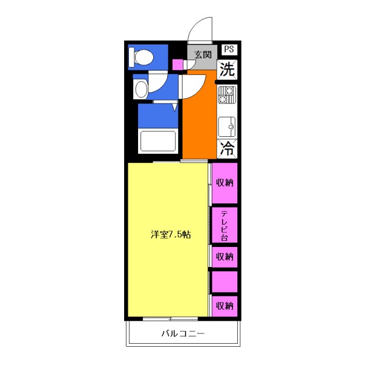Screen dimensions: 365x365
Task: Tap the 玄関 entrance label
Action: (202, 54)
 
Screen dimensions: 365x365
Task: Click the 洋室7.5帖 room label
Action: (171, 235)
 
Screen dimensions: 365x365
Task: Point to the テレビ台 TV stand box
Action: (224, 225)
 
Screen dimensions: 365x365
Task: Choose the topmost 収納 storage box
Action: (224, 182)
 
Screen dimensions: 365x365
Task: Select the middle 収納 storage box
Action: (224, 256)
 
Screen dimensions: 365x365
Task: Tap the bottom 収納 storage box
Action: (224, 305)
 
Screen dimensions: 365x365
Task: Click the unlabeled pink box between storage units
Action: (224, 281)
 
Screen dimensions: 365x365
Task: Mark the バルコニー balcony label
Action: (182, 333)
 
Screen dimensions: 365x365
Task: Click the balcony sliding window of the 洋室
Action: (170, 318)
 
